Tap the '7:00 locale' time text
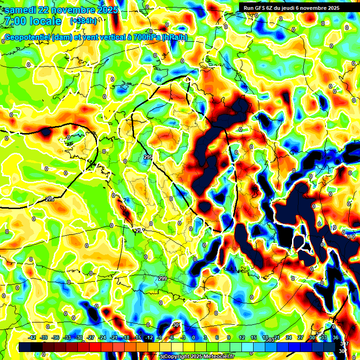click(x=33, y=21)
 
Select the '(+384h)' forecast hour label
click(x=83, y=21)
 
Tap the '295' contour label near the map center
click(x=148, y=157)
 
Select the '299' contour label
click(x=163, y=279)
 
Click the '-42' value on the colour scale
click(x=32, y=337)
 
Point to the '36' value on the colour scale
click(x=336, y=337)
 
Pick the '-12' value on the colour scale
click(x=149, y=337)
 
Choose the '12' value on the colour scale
click(x=241, y=337)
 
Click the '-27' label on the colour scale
click(x=90, y=337)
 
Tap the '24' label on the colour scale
click(x=288, y=337)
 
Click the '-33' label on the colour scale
click(x=67, y=337)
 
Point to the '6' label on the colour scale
click(x=217, y=337)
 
